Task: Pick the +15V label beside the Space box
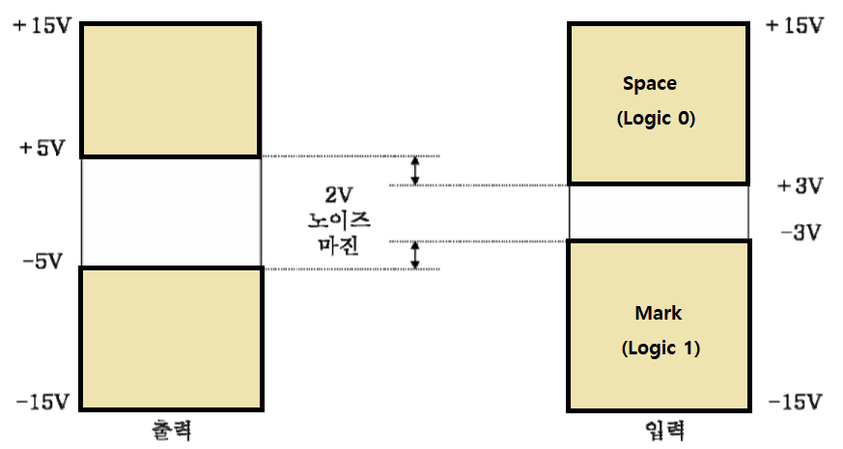[794, 25]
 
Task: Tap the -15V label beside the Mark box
[794, 401]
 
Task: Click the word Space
[649, 84]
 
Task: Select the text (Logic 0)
[656, 120]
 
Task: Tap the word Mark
[658, 313]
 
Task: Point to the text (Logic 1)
[660, 349]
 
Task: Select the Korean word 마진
[338, 244]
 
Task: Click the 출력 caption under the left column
[171, 430]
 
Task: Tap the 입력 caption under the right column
[659, 430]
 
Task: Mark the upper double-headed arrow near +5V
[415, 171]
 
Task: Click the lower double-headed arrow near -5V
[415, 254]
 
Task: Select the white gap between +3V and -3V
[658, 211]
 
